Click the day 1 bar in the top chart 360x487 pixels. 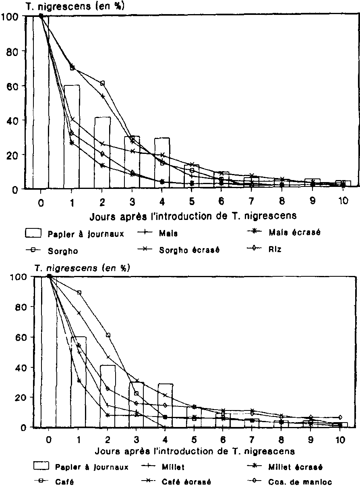tap(72, 137)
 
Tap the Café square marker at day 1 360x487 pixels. tap(79, 292)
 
